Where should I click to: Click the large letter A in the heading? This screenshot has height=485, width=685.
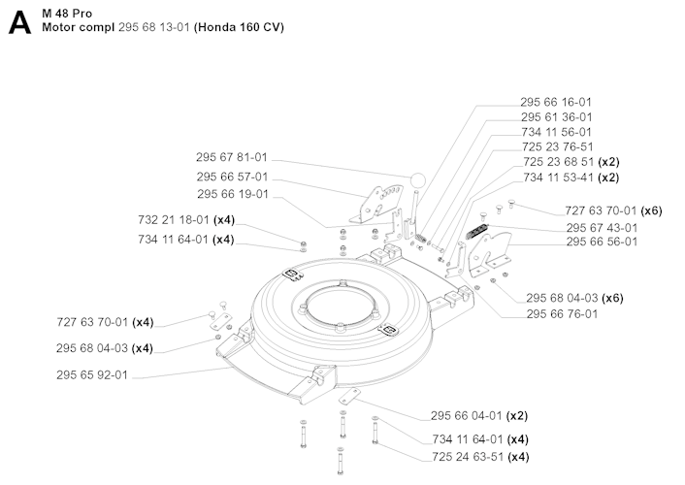coord(19,22)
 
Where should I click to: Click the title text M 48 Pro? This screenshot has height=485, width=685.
coord(67,14)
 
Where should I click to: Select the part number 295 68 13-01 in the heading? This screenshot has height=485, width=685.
coord(154,27)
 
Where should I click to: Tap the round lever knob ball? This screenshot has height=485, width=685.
coord(417,180)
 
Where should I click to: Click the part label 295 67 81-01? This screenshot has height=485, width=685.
coord(232,157)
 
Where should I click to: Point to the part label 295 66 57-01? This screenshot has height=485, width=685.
coord(232,177)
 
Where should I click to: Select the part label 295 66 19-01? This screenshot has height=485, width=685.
coord(233,194)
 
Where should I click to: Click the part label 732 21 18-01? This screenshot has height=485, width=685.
coord(174,219)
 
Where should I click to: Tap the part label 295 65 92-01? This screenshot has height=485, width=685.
coord(92,374)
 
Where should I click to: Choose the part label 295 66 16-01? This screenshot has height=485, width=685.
coord(556,102)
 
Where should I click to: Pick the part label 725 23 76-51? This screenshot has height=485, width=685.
coord(558,146)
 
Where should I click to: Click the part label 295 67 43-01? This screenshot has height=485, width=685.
coord(602,228)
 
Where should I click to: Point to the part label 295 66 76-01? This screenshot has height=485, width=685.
coord(562,313)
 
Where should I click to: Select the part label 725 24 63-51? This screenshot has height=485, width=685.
coord(468,457)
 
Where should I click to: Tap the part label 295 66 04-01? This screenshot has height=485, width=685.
coord(467,415)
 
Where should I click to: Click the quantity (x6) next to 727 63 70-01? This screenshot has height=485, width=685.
coord(651,210)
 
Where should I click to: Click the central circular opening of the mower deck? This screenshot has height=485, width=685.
coord(340,308)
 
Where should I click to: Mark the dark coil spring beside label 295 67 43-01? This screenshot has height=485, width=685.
coord(477,231)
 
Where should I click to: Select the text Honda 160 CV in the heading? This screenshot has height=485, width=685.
coord(239,27)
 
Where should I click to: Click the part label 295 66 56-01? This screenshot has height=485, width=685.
coord(602,242)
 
